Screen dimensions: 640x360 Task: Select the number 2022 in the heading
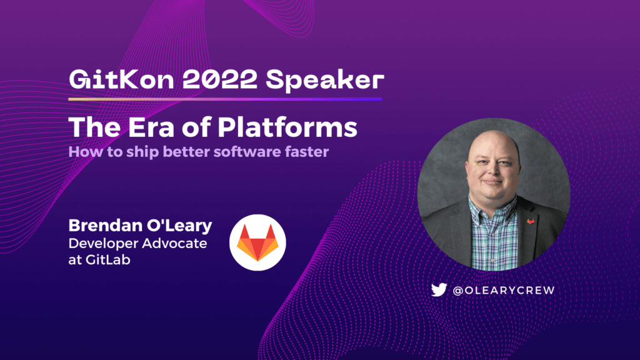click(x=219, y=79)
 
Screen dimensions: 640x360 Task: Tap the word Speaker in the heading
click(x=325, y=81)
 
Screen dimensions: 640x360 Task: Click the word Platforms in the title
click(x=287, y=127)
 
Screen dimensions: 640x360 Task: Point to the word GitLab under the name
click(x=107, y=260)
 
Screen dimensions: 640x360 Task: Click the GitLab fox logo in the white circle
click(x=257, y=243)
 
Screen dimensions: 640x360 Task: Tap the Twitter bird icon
click(x=439, y=290)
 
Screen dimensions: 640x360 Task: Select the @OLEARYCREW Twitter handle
click(x=504, y=290)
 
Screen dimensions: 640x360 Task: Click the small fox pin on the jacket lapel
click(x=530, y=221)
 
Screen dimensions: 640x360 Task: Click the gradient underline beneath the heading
click(x=225, y=99)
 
